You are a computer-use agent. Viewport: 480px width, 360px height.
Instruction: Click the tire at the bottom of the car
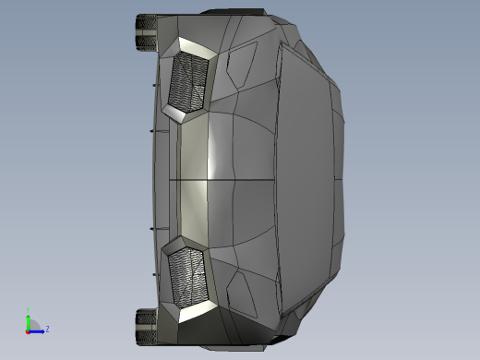[x=146, y=326]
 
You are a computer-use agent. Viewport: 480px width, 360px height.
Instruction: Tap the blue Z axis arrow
[x=38, y=329]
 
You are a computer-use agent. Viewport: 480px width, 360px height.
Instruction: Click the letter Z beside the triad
[x=47, y=329]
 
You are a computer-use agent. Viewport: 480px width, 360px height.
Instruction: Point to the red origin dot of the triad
[x=28, y=330]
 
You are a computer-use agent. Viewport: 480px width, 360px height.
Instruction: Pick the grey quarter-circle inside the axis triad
[x=32, y=325]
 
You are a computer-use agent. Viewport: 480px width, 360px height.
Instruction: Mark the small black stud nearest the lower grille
[x=150, y=227]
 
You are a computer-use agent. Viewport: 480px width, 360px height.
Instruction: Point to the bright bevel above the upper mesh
[x=198, y=47]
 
